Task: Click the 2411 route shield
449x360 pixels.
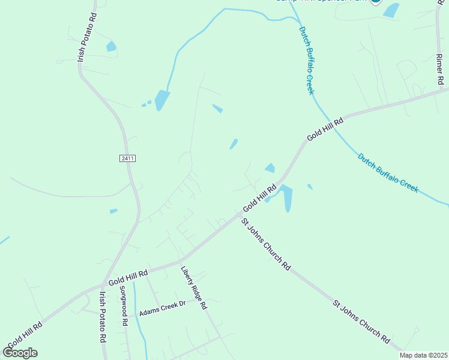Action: tap(127, 158)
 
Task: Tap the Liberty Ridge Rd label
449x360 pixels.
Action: tap(194, 287)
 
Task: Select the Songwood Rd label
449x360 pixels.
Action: tap(124, 309)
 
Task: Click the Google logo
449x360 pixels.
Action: tap(20, 352)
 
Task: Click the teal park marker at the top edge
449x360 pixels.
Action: tap(376, 1)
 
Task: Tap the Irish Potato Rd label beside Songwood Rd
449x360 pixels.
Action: tap(103, 317)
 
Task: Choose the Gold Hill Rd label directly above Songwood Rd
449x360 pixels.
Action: tap(128, 276)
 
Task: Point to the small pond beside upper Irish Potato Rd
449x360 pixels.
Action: tap(110, 46)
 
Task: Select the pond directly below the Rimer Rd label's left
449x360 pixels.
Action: tap(391, 10)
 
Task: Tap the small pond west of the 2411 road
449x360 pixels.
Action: tap(113, 211)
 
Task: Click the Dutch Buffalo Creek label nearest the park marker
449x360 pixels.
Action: tap(307, 59)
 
